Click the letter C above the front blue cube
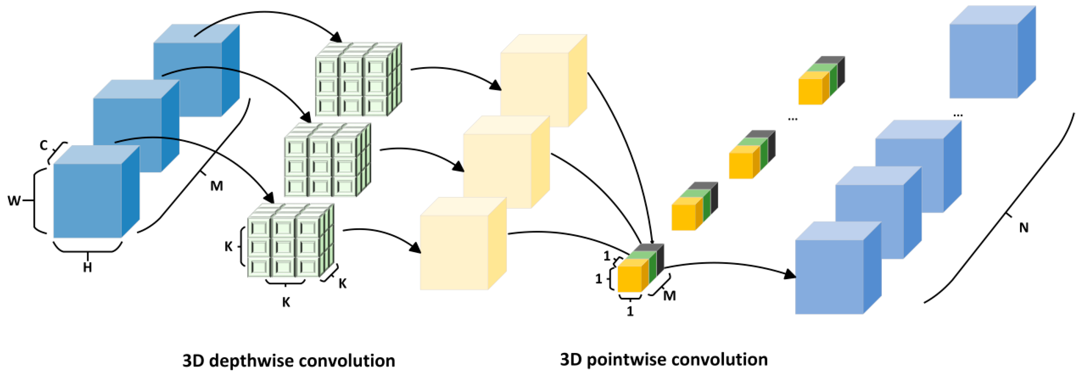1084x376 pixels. click(44, 145)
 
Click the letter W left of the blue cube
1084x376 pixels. click(14, 201)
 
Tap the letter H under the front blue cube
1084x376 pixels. click(87, 267)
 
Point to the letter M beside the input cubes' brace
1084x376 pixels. click(216, 186)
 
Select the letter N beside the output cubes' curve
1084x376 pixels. click(1023, 228)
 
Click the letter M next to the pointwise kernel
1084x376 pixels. click(669, 296)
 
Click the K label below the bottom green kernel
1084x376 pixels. click(286, 302)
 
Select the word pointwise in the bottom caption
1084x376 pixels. click(628, 360)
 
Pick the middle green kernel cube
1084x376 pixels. click(327, 160)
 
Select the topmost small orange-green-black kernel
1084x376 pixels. click(821, 81)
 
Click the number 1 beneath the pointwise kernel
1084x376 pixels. click(630, 312)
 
